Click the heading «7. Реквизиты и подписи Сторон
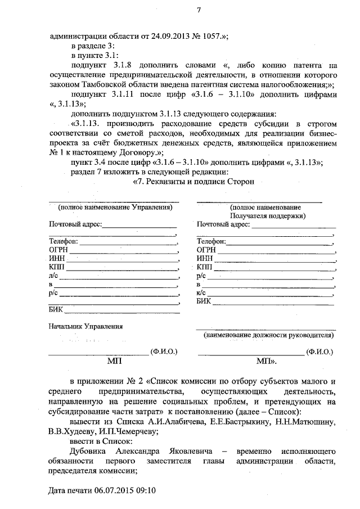click(193, 182)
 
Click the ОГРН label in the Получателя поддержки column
click(206, 250)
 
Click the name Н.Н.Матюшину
click(305, 421)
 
